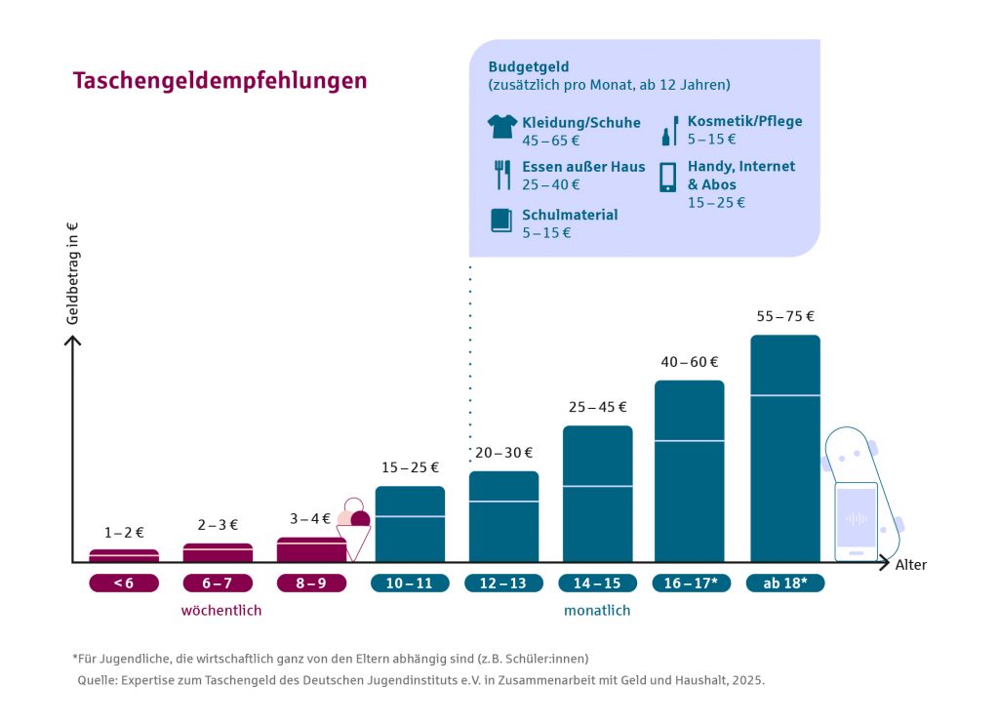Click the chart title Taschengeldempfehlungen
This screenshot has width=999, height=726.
(220, 81)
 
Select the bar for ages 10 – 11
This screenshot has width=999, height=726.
(410, 524)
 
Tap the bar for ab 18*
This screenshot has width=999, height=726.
(784, 449)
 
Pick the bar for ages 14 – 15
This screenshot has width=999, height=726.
(597, 494)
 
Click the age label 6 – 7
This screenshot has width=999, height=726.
(218, 583)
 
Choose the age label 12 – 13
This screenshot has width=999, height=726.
(503, 583)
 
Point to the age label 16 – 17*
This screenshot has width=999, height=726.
(691, 583)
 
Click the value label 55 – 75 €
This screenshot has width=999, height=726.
(784, 316)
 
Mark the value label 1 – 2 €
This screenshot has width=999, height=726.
(124, 533)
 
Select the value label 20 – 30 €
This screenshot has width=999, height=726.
(503, 453)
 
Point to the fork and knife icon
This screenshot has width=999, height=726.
(502, 175)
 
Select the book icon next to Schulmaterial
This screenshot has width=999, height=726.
(500, 221)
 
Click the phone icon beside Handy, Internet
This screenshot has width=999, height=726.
(668, 177)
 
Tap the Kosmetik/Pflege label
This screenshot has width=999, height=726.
(744, 122)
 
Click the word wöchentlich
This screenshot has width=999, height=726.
(221, 611)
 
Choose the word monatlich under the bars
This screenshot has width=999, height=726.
(597, 611)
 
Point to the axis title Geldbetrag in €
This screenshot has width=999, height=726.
(72, 274)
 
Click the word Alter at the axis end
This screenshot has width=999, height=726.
(911, 565)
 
